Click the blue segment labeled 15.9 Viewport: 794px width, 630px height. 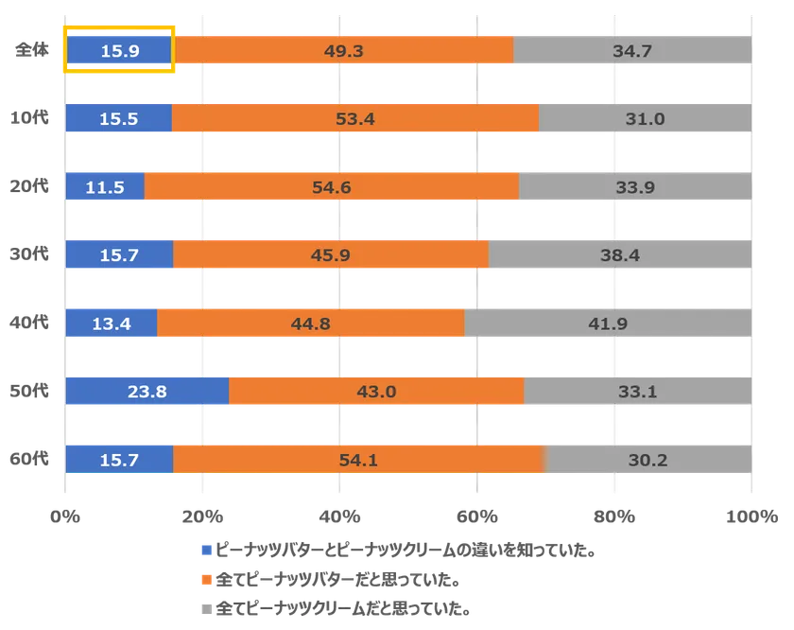[119, 50]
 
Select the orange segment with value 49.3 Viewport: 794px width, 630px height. [344, 50]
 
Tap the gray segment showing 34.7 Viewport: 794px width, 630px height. [632, 50]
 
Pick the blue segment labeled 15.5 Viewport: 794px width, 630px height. [119, 118]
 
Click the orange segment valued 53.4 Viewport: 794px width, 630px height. [355, 118]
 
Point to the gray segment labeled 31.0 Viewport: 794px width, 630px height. [645, 118]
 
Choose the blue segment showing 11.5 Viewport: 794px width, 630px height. [105, 186]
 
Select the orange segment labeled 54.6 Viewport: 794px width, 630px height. [332, 186]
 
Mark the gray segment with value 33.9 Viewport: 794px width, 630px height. [635, 186]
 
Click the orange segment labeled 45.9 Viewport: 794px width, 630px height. [331, 254]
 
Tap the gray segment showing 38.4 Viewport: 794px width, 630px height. [620, 254]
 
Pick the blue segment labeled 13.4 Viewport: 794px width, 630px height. [112, 323]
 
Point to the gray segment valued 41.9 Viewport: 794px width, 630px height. [608, 323]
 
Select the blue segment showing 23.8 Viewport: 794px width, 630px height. [147, 391]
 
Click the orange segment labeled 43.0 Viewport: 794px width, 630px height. [376, 391]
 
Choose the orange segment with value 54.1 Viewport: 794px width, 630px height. [359, 459]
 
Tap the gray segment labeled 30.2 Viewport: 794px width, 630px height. [648, 459]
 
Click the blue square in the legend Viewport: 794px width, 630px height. [203, 550]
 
